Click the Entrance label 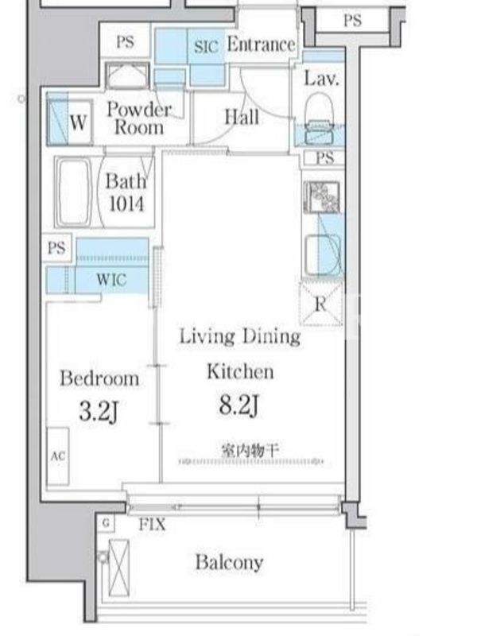261,45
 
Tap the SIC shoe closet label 206,46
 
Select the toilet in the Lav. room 320,118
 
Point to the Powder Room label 138,118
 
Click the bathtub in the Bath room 74,192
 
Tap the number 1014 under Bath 126,204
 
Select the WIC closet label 111,280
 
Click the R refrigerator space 320,304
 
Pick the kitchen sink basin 323,254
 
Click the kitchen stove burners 322,196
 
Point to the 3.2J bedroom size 99,411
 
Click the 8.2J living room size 238,405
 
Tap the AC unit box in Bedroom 57,456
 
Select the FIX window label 152,525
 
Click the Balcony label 229,563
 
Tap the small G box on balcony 106,523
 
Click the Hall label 242,117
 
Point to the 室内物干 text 250,450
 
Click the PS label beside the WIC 56,247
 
